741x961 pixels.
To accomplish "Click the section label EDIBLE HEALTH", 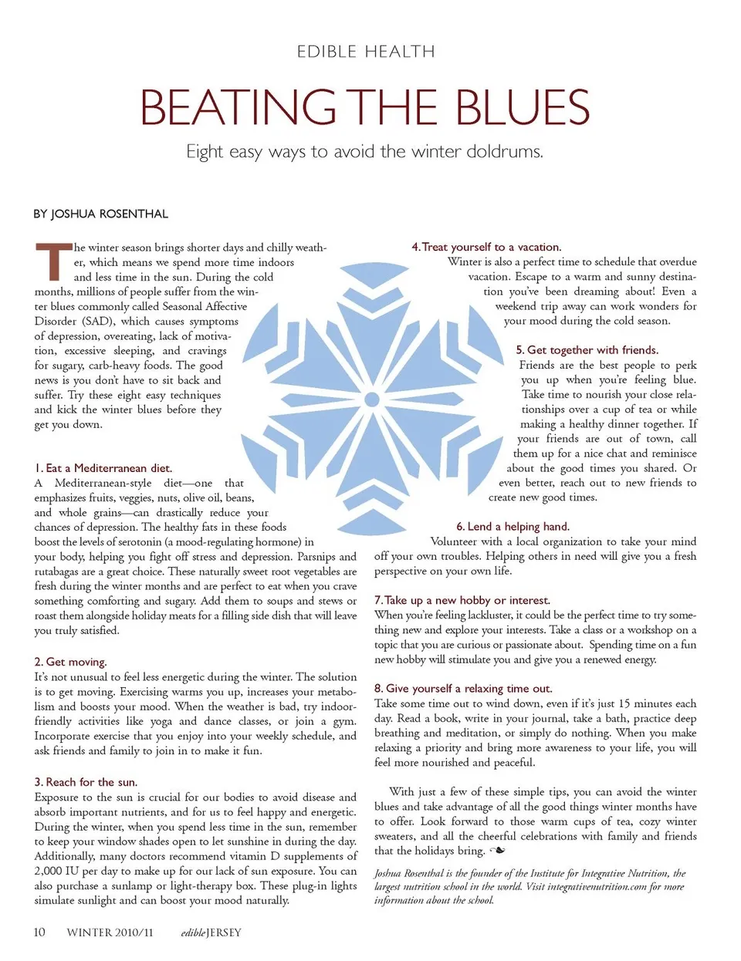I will pos(366,52).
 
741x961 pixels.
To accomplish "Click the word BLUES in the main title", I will pos(523,107).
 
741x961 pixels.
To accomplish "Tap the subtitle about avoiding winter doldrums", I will pos(364,151).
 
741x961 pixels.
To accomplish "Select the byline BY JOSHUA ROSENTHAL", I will pos(100,214).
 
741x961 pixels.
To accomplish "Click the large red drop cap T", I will pos(52,262).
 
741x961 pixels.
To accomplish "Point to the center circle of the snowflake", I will pos(372,399).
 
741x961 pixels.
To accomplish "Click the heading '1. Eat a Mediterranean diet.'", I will pos(103,468).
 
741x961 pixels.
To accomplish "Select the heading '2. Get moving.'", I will pos(70,662).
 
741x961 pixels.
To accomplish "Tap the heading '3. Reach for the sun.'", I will pos(86,782).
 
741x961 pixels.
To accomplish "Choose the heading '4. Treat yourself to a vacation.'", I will pos(486,247).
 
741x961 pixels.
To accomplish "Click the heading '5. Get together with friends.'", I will pos(587,350).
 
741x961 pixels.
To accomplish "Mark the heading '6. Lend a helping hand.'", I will pos(513,527).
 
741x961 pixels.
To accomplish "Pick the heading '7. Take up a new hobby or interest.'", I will pos(462,600).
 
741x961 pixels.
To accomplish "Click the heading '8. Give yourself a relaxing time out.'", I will pos(463,688).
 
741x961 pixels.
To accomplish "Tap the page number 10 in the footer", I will pos(39,932).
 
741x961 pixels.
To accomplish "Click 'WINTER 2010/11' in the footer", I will pos(110,932).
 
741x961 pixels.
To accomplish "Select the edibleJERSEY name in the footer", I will pos(211,932).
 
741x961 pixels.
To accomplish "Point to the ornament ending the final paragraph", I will pos(498,851).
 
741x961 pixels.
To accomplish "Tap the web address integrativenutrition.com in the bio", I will pos(597,887).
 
